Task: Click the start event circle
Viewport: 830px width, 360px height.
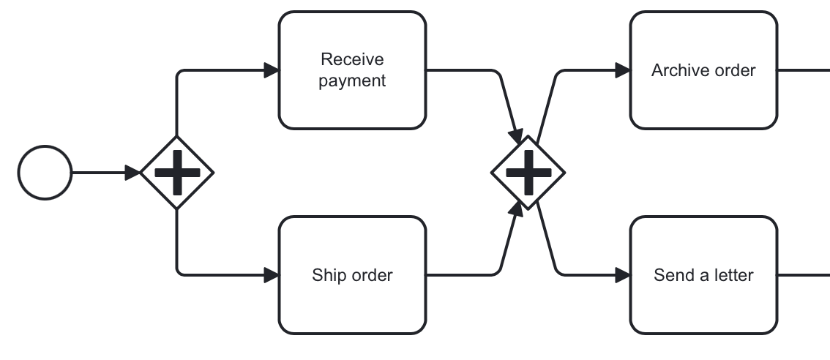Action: tap(45, 173)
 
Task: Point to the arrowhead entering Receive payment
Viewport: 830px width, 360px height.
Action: tap(272, 70)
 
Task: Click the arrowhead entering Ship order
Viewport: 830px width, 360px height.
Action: tap(272, 275)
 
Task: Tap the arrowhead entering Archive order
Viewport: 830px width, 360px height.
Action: tap(623, 70)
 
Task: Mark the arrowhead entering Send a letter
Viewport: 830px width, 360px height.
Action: tap(623, 275)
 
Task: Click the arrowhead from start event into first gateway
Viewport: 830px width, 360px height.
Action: tap(132, 173)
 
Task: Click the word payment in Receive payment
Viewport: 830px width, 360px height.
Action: tap(352, 80)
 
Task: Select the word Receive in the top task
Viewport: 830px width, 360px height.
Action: tap(352, 59)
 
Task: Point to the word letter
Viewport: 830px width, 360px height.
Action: tap(733, 275)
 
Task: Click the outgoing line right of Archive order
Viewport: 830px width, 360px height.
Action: tap(803, 70)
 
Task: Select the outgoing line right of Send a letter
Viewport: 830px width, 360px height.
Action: tap(803, 275)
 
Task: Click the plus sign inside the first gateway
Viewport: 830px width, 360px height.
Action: tap(176, 173)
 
